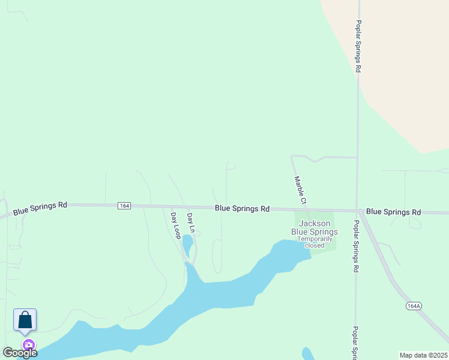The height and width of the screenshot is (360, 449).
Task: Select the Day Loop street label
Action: [175, 226]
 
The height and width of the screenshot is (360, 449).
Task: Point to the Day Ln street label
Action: [191, 223]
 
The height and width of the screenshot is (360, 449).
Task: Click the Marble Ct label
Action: [300, 189]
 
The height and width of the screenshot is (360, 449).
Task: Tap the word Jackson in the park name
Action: [315, 224]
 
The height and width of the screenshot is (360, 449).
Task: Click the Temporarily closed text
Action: [315, 242]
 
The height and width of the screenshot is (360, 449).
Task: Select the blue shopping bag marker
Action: [25, 320]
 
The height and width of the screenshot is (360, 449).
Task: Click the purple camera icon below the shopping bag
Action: [28, 345]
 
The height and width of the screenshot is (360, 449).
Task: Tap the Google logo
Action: [20, 353]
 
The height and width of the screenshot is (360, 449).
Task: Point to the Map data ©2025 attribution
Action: [423, 355]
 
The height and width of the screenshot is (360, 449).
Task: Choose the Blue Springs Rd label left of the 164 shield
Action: [40, 208]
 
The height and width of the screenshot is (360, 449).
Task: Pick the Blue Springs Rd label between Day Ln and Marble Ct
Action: [242, 209]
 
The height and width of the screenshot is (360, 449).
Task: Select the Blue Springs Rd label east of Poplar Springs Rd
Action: [393, 212]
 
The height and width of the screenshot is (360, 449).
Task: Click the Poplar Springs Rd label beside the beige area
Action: [358, 47]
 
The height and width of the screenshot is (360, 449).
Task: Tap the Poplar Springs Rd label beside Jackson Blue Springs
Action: [355, 246]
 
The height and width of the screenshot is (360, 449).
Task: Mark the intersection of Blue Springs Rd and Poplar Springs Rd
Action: [358, 211]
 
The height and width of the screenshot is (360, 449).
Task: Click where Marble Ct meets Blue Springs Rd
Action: [307, 210]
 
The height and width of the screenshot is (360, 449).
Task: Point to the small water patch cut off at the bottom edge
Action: [308, 354]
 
